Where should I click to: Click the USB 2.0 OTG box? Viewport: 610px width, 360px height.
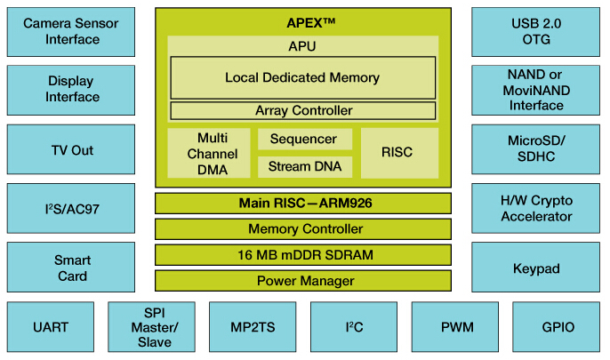point(536,30)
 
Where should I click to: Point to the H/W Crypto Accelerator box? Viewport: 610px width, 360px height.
point(536,209)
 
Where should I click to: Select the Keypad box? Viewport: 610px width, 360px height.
point(536,268)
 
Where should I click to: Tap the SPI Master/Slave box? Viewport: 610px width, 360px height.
point(150,327)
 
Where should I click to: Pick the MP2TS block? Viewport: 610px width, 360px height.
point(252,327)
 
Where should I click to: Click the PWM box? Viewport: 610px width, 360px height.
point(455,327)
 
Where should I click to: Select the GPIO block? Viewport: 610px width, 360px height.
point(558,327)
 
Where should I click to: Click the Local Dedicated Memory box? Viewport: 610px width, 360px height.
point(302,78)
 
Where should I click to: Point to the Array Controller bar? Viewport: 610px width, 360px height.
point(302,111)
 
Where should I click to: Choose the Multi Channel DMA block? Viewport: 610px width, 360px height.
point(210,153)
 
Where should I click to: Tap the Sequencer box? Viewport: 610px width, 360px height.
point(303,140)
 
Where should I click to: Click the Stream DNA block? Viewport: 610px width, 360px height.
point(303,166)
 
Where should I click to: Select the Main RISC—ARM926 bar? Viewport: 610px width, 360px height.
point(303,204)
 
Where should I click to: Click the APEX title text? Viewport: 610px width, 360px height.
point(303,22)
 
